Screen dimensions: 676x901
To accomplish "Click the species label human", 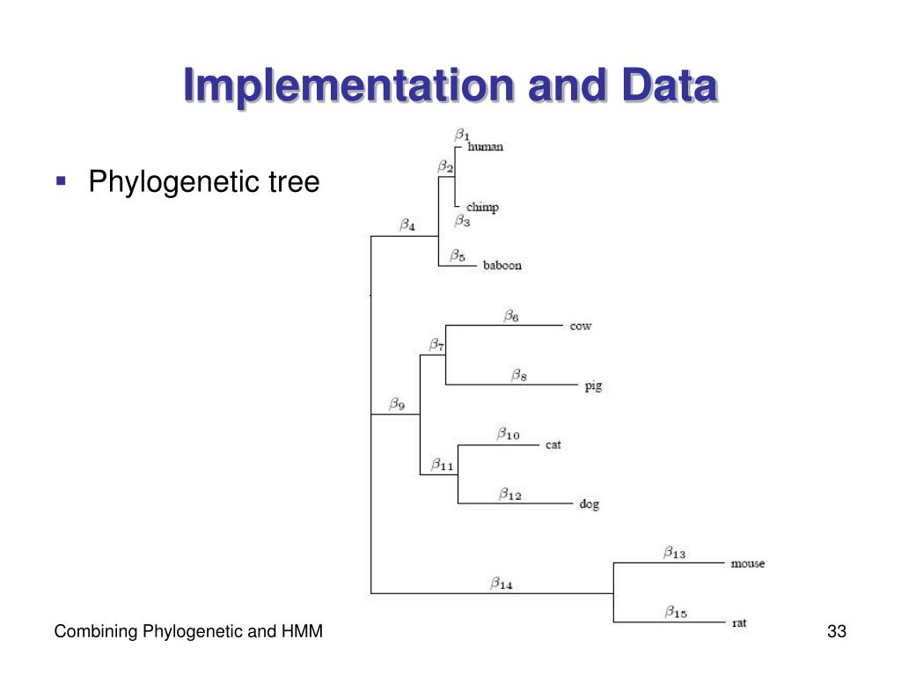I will pos(485,147).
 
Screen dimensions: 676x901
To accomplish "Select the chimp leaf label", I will pos(482,208).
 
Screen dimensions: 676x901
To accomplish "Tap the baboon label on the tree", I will pos(502,266).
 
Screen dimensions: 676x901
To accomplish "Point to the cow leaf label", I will pos(581,327).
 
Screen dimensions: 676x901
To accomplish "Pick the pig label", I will pos(593,386).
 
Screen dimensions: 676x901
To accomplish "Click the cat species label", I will pos(553,445).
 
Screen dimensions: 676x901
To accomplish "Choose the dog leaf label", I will pos(589,504).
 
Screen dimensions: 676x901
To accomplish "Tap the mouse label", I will pos(747,563).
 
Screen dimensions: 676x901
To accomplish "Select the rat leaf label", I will pos(739,623).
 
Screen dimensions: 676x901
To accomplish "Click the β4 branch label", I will pos(407,225).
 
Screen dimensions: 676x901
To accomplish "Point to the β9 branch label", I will pos(397,405).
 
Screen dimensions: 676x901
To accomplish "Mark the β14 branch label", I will pos(502,583).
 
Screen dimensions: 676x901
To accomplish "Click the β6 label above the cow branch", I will pos(511,315).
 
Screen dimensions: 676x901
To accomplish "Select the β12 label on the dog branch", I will pos(510,495).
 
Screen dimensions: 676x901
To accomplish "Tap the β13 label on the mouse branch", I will pos(674,554).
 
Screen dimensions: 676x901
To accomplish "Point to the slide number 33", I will pos(836,632).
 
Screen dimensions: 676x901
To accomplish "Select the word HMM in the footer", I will pos(304,632).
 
